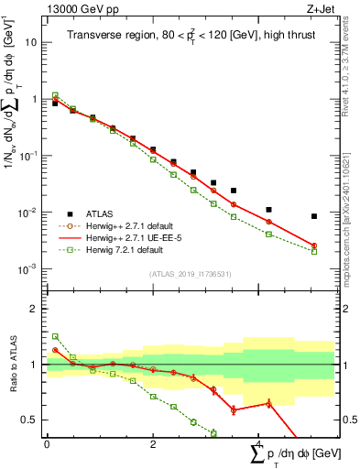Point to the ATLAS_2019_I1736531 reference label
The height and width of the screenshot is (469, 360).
[190, 274]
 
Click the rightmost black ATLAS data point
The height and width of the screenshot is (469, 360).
[314, 216]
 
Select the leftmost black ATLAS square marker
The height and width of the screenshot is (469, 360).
[55, 104]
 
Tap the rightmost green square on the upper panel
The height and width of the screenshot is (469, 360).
[314, 251]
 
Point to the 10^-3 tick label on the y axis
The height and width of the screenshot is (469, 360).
[27, 269]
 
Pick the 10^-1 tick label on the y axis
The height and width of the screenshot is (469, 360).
[27, 156]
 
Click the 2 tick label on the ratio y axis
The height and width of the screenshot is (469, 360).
[34, 310]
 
